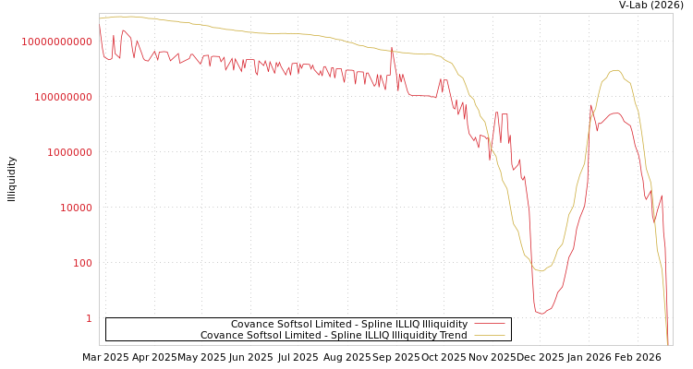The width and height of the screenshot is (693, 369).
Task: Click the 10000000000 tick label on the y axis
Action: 56,42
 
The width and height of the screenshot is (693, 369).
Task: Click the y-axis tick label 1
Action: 89,318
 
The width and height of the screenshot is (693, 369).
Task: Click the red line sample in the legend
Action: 490,324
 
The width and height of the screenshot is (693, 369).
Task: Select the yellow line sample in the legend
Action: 490,335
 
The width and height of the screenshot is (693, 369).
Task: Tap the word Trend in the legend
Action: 453,335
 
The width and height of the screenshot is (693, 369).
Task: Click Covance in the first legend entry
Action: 250,324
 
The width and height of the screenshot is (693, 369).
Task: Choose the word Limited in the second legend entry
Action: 298,335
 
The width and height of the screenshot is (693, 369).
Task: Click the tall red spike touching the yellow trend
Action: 392,49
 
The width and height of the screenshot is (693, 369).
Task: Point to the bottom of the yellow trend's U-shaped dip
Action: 540,270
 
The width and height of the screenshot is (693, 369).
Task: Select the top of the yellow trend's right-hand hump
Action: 615,70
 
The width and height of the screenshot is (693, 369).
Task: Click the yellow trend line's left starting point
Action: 100,18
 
